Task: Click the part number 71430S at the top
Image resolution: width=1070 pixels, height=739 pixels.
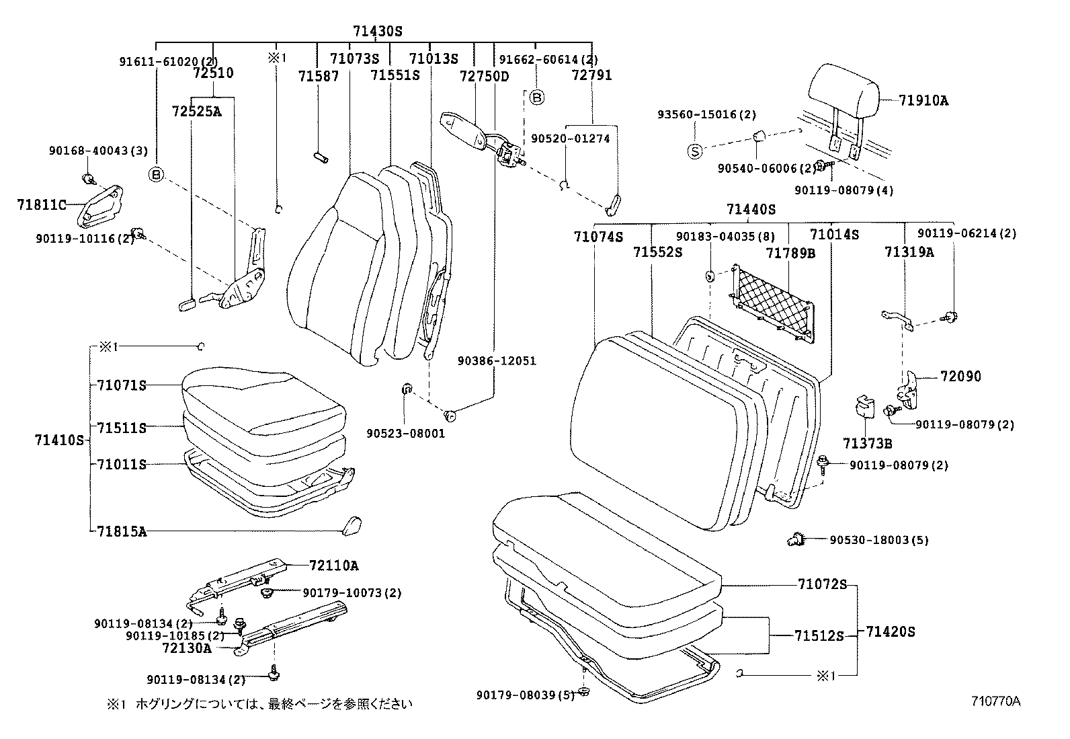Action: coord(378,31)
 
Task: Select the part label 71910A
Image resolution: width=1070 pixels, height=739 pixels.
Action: coord(923,101)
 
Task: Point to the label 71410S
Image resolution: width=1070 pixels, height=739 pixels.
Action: coord(60,440)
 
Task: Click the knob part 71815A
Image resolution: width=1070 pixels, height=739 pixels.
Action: coord(351,524)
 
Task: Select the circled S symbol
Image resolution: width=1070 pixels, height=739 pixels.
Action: coord(694,151)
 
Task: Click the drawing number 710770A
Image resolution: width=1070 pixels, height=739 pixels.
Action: coord(995,701)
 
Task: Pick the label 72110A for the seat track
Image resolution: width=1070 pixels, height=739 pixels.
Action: coord(334,565)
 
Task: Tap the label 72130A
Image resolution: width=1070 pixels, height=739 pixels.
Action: coord(186,648)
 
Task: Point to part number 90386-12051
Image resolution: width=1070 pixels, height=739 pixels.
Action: coord(497,361)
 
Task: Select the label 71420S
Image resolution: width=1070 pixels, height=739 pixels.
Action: coord(891,632)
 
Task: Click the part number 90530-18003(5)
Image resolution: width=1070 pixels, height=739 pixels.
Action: coord(878,540)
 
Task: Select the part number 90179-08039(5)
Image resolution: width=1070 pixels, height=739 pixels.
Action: coord(526,694)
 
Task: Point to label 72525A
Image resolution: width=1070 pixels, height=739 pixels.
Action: coord(196,111)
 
